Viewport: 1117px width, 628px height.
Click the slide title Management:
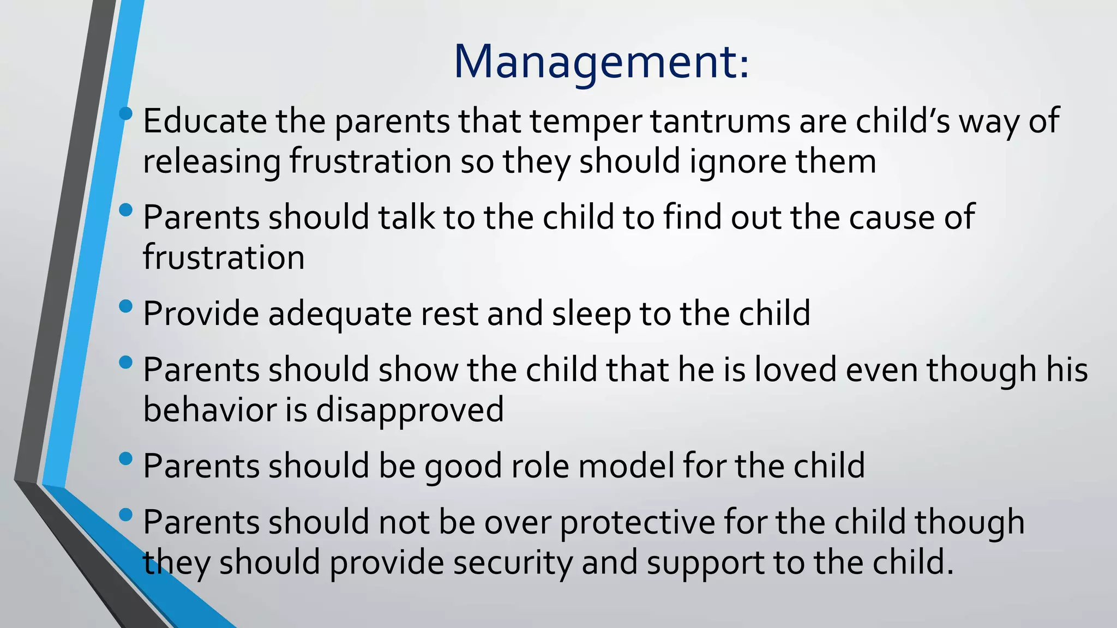[601, 62]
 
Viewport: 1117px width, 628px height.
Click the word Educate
[205, 121]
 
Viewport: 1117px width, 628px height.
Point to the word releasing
[211, 162]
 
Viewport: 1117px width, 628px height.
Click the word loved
[795, 370]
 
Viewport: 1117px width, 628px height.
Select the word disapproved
[410, 410]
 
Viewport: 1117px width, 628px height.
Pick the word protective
[637, 522]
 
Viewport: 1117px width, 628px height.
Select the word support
[705, 563]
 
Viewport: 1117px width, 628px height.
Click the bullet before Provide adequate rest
[125, 306]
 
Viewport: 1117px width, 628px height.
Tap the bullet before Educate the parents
[125, 113]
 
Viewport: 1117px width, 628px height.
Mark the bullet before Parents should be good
[125, 458]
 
